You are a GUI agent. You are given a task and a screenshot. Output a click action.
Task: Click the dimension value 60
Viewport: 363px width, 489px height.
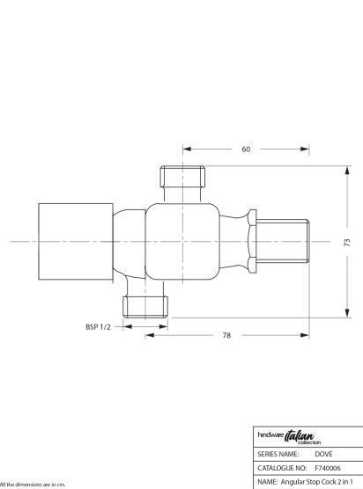(x=246, y=149)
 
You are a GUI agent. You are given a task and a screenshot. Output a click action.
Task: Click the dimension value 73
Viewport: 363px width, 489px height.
(x=347, y=243)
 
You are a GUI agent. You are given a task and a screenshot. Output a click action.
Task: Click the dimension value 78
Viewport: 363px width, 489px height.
(x=226, y=335)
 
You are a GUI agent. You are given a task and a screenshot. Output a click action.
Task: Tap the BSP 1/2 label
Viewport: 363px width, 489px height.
(x=98, y=327)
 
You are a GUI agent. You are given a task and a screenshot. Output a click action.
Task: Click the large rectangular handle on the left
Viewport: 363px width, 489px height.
(x=76, y=242)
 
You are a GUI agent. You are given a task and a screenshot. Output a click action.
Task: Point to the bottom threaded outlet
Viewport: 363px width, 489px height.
(x=145, y=307)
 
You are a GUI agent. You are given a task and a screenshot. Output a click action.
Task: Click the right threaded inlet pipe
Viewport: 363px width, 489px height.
(x=283, y=241)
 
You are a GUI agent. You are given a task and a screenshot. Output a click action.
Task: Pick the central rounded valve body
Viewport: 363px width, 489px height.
(x=182, y=242)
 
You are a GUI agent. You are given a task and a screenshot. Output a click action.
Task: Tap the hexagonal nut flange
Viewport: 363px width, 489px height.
(x=252, y=241)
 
